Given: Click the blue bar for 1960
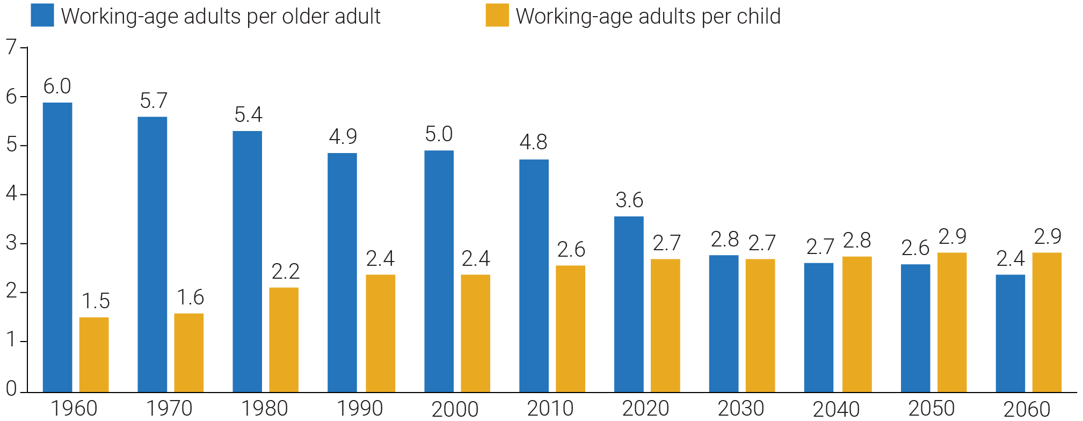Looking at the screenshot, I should pyautogui.click(x=57, y=247).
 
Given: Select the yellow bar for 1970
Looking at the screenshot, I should pyautogui.click(x=189, y=352).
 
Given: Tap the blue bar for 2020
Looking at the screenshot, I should pyautogui.click(x=629, y=304).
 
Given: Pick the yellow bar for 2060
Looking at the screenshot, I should pyautogui.click(x=1046, y=322).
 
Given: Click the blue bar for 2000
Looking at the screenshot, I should pyautogui.click(x=439, y=271).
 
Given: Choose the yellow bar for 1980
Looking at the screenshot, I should pyautogui.click(x=284, y=339).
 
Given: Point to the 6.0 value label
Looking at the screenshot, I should pyautogui.click(x=57, y=86).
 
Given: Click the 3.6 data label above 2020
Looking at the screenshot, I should pyautogui.click(x=629, y=200).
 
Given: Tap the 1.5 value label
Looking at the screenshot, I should pyautogui.click(x=95, y=301).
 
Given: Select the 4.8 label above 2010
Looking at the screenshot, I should pyautogui.click(x=533, y=142).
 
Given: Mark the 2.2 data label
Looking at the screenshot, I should pyautogui.click(x=285, y=272).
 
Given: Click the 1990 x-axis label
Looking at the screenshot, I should pyautogui.click(x=359, y=409).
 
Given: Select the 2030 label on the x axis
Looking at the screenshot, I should pyautogui.click(x=740, y=409).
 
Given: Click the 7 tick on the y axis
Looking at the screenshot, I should pyautogui.click(x=12, y=48).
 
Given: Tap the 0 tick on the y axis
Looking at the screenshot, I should pyautogui.click(x=11, y=389).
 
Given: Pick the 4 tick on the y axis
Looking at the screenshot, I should pyautogui.click(x=12, y=194).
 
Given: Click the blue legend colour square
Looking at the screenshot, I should pyautogui.click(x=42, y=15).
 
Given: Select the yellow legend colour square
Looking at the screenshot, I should pyautogui.click(x=497, y=15).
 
